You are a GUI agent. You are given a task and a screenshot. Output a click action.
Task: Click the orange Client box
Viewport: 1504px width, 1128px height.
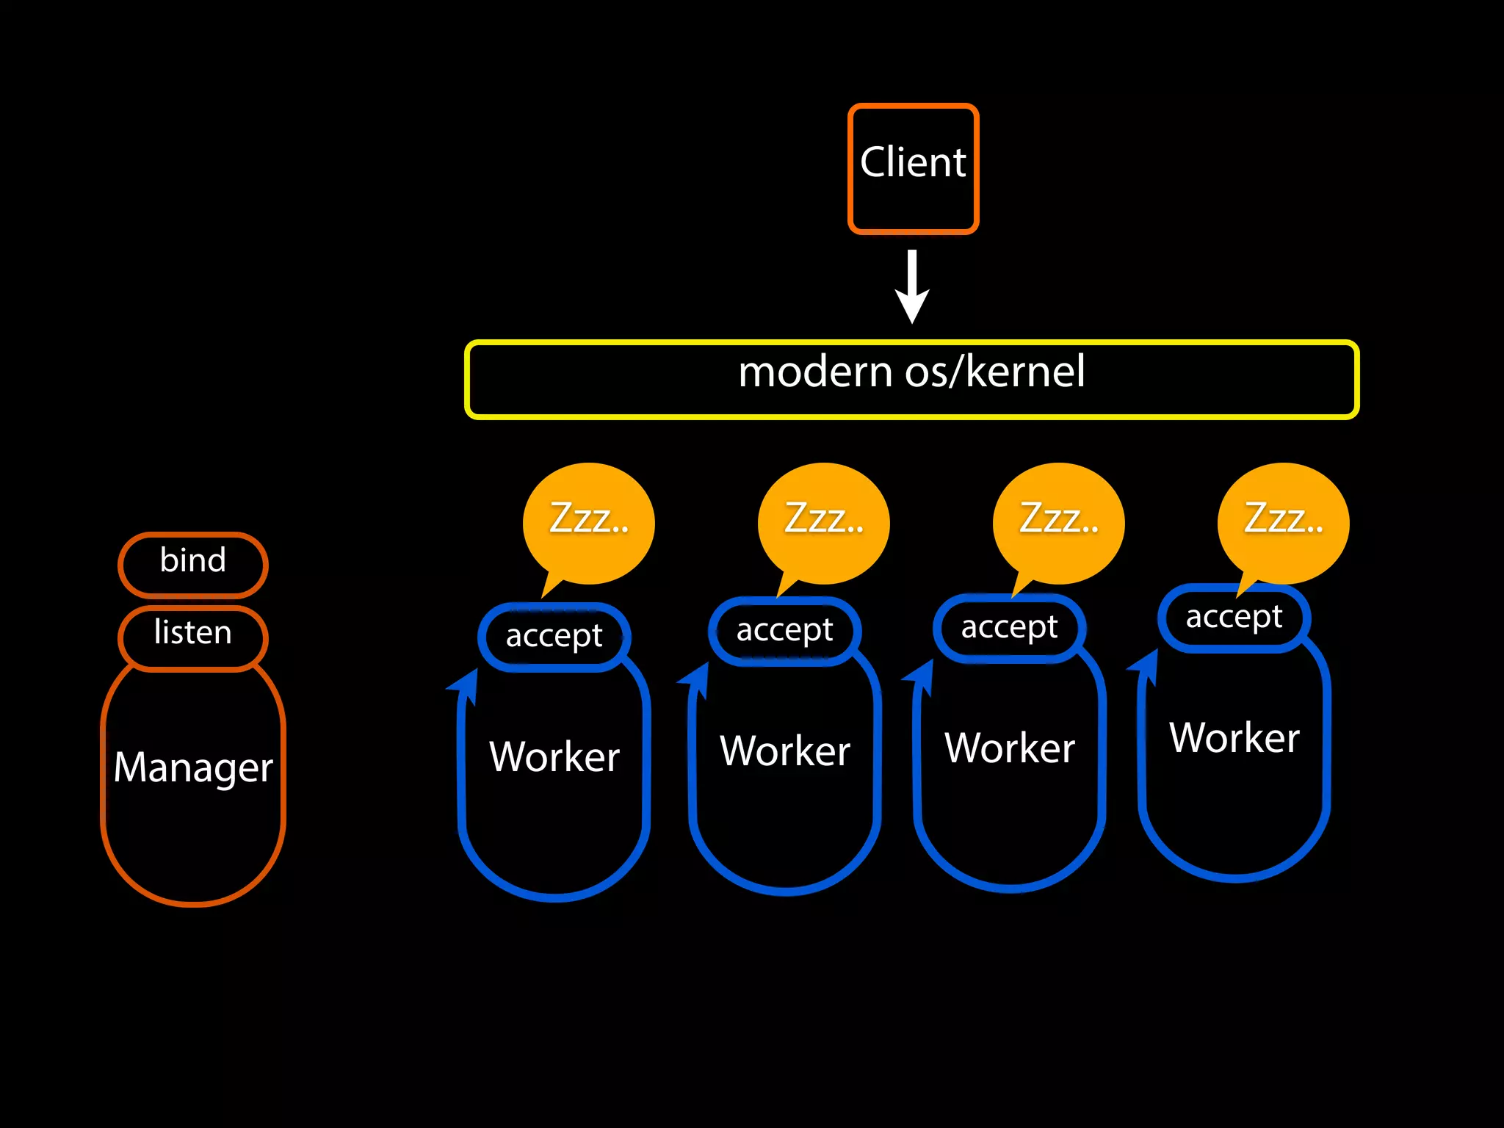(x=913, y=168)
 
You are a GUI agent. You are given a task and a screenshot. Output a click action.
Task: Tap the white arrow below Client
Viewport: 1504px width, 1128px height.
(x=912, y=287)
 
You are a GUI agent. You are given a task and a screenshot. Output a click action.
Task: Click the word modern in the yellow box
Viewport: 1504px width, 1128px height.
(x=814, y=372)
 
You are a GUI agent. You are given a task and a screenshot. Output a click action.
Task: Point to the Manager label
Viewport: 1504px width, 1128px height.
(x=193, y=767)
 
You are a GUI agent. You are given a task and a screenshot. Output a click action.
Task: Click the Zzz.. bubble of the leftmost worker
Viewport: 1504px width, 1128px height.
(x=589, y=522)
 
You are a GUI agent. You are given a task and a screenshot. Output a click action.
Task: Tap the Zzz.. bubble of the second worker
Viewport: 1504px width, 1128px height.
(x=824, y=522)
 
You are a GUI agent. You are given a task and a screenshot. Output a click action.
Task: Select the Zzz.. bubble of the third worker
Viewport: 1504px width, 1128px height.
(x=1058, y=522)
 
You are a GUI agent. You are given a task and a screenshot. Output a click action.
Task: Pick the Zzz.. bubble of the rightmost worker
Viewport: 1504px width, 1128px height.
(x=1283, y=522)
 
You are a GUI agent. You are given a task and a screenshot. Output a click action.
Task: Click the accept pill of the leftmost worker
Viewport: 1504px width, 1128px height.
(x=554, y=637)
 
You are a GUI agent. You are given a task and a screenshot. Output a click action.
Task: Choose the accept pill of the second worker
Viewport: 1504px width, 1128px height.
(x=784, y=631)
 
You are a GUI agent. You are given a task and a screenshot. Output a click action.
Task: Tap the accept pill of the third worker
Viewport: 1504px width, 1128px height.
(x=1009, y=628)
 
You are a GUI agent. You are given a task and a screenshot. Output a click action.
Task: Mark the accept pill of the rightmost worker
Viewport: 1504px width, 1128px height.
(x=1234, y=618)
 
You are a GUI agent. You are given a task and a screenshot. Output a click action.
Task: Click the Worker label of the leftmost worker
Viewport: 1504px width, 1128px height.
(x=554, y=757)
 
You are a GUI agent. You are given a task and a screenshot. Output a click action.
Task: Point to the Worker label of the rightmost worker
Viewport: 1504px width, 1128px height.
(x=1234, y=738)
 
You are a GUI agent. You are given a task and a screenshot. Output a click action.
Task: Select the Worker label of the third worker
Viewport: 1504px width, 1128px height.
(x=1010, y=748)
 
